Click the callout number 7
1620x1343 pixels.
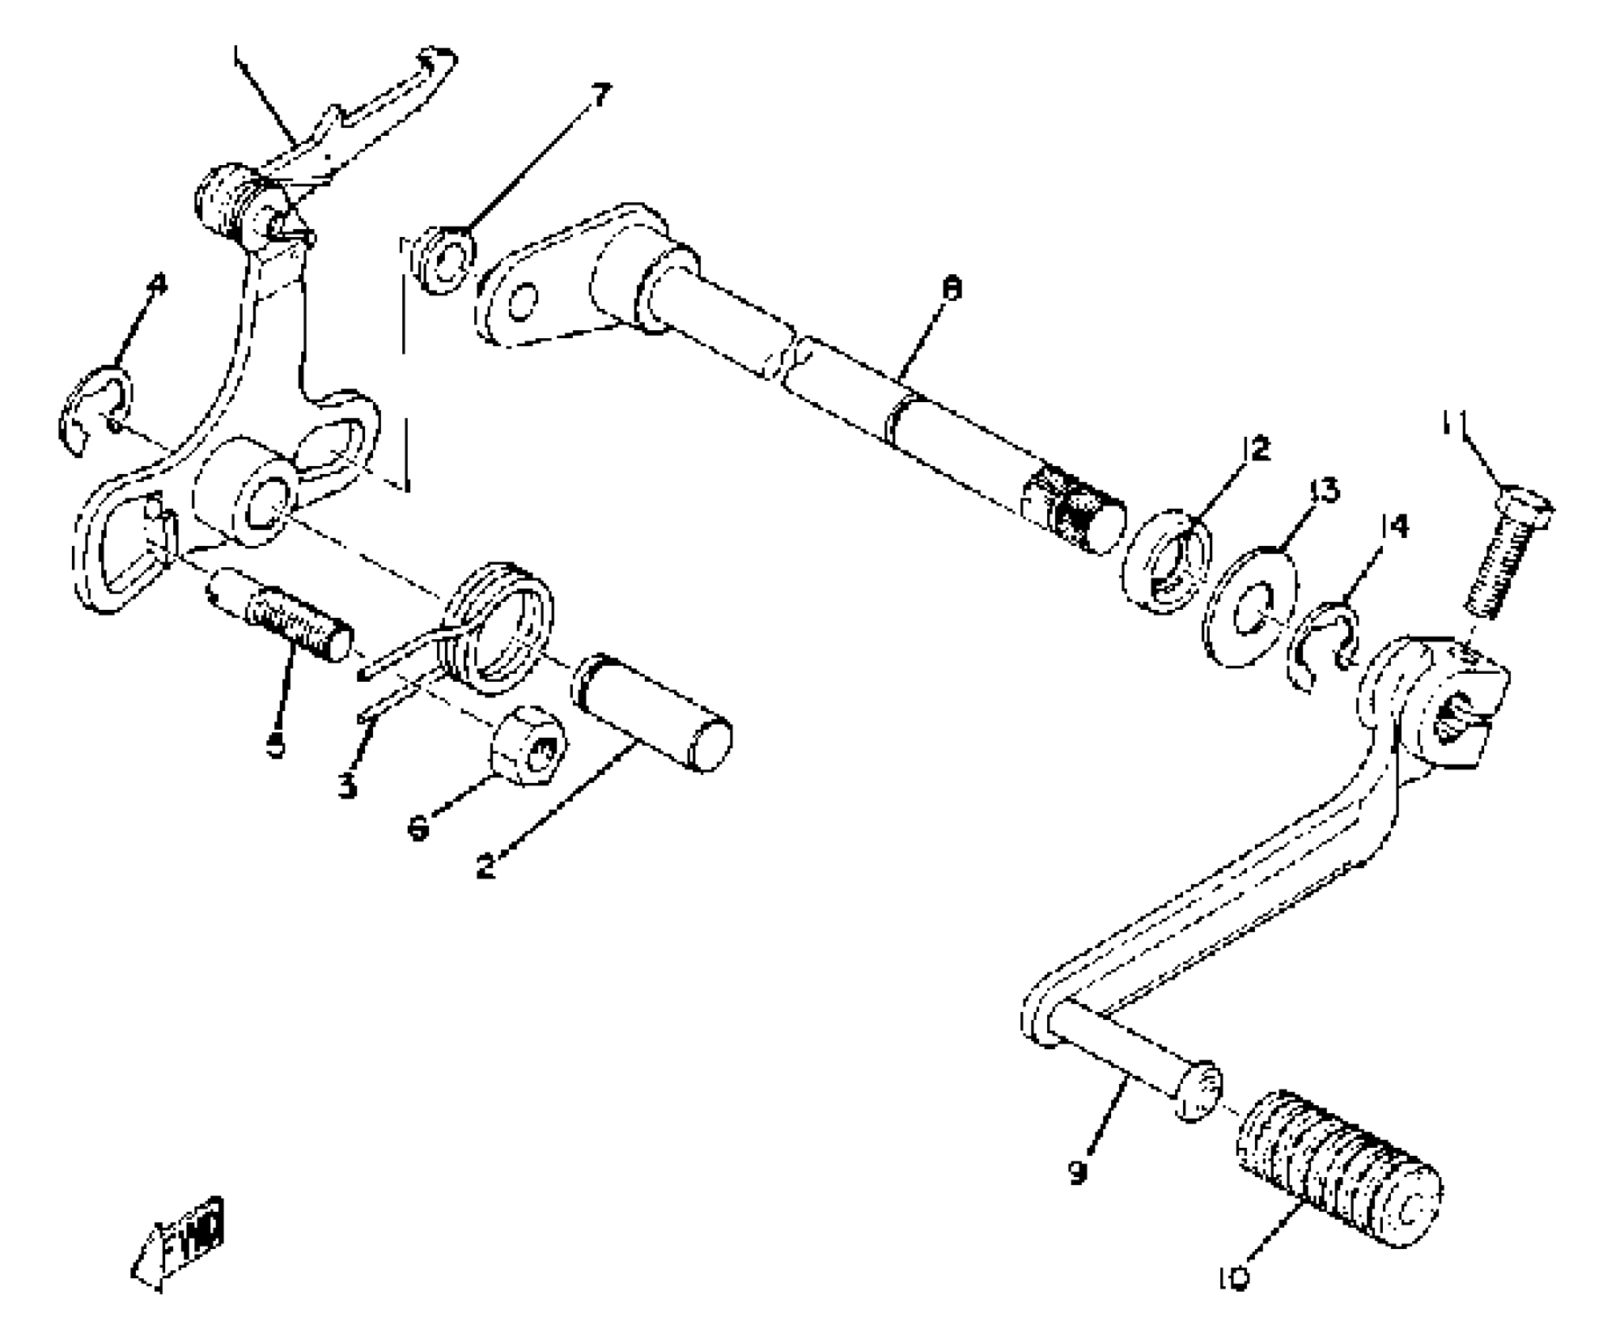point(601,96)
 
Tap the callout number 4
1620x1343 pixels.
point(159,284)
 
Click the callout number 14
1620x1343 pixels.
point(1394,526)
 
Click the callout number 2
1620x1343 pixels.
point(486,867)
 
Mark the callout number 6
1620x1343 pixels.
point(418,829)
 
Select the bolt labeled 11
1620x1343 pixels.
point(1503,557)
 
